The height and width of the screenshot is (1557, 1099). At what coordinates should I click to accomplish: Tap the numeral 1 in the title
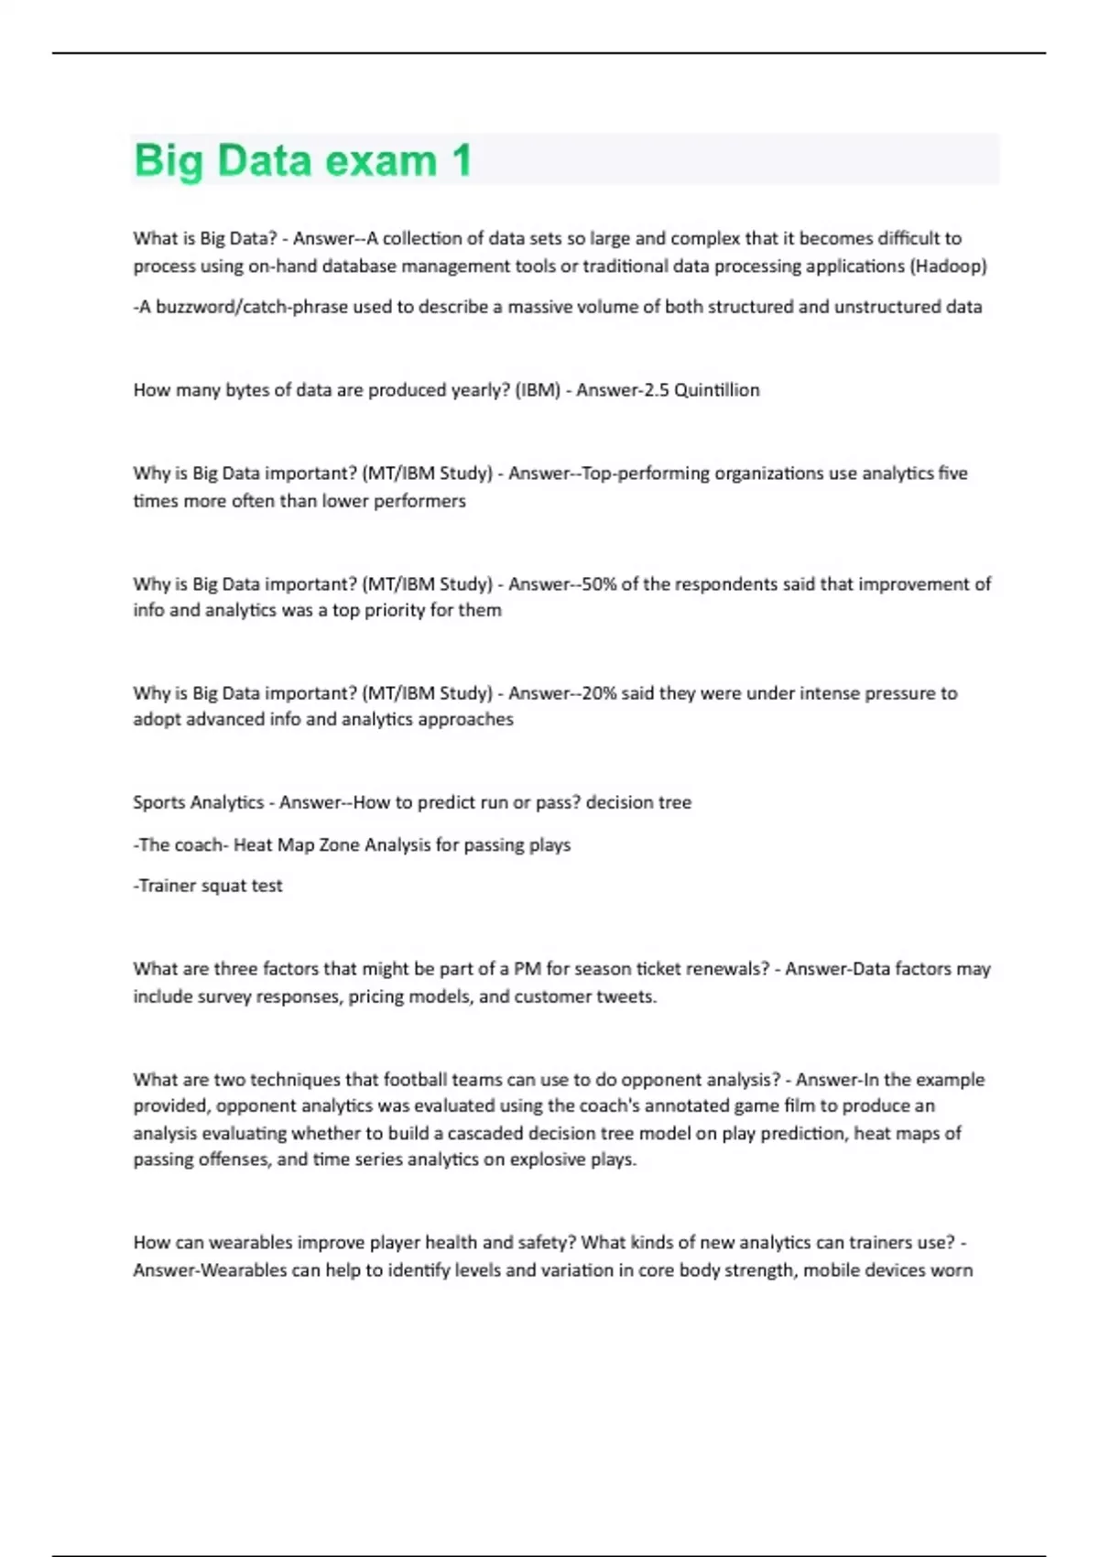pos(461,160)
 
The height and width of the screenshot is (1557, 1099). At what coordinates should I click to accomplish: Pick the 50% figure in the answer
pos(599,584)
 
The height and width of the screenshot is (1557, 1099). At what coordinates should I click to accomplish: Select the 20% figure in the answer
pos(599,693)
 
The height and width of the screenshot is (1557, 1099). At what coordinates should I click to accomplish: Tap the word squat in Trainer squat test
pos(222,886)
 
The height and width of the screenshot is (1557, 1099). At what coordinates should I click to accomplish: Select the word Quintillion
pos(716,390)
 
